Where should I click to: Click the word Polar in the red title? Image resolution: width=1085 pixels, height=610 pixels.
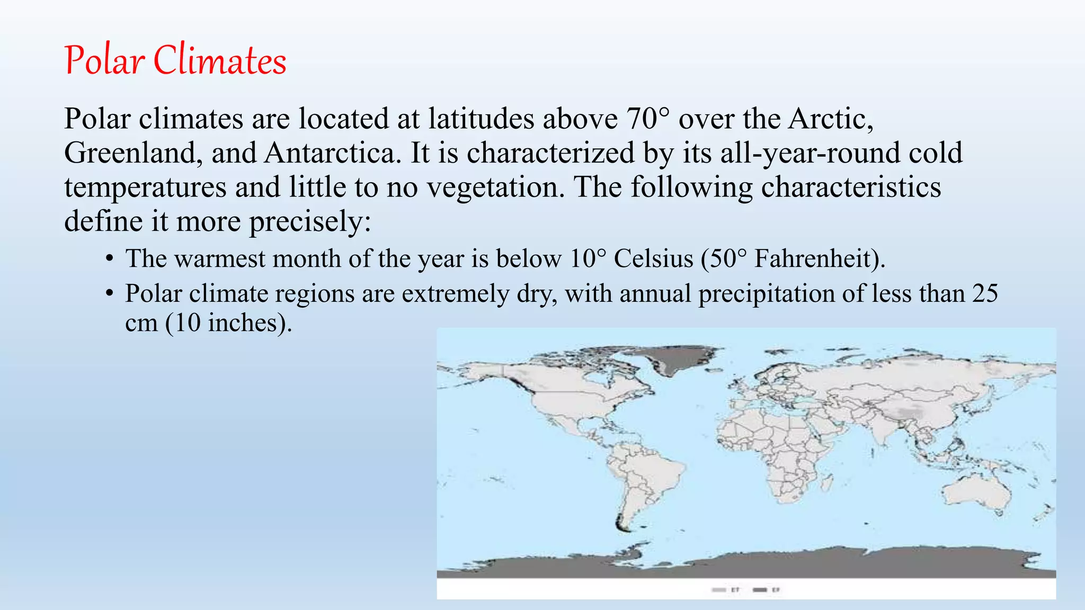[104, 61]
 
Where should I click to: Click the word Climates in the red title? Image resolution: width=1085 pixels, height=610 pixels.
[220, 61]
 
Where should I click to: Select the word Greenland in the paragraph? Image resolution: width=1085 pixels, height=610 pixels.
[132, 153]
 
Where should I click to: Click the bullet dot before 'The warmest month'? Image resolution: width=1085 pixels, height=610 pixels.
[109, 259]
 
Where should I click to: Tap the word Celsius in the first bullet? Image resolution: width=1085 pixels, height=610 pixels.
[653, 259]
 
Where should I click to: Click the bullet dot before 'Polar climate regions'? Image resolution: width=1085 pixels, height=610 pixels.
[109, 293]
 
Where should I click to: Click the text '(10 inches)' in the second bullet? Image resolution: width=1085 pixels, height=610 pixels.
[229, 322]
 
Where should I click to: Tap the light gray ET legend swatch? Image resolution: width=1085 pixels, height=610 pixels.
[718, 589]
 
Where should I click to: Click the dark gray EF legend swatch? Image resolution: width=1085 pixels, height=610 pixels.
[760, 589]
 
